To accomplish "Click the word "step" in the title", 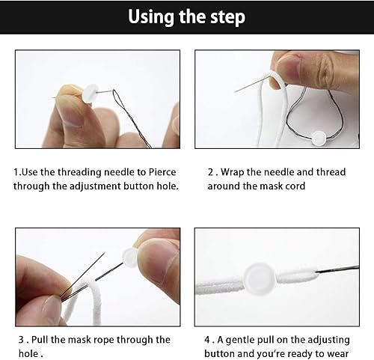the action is click(x=227, y=17).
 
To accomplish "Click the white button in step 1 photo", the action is click(x=91, y=94).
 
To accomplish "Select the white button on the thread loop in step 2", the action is click(x=319, y=138).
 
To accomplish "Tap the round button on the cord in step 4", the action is click(x=260, y=278).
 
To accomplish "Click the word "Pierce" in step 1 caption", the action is click(x=162, y=172).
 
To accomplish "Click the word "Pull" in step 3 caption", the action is click(x=40, y=340).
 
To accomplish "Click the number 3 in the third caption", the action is click(x=21, y=340).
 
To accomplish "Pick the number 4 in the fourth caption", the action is click(x=207, y=340).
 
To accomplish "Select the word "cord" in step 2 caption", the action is click(x=295, y=186).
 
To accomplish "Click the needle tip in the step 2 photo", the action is click(x=234, y=92).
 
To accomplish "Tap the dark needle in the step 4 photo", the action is click(x=337, y=269).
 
